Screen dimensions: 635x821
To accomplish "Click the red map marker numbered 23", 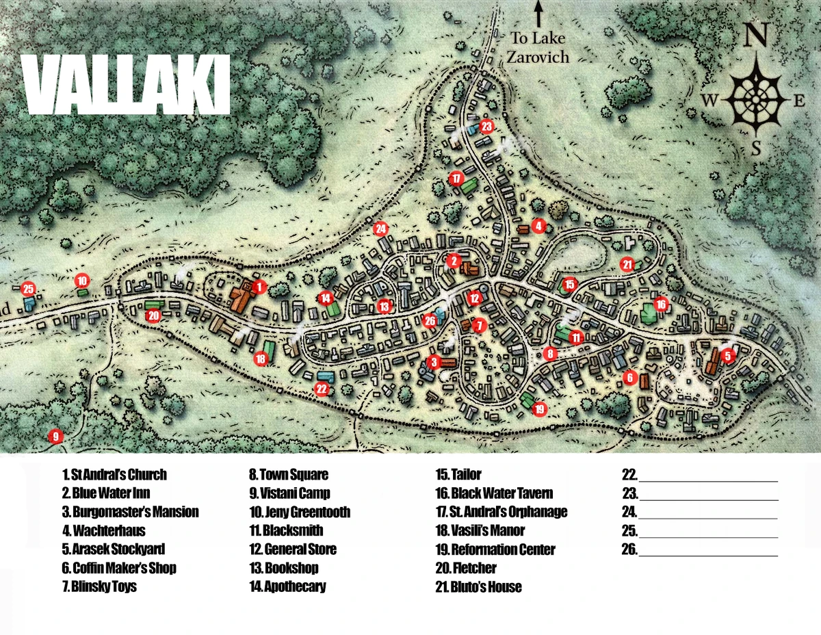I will coord(486,127).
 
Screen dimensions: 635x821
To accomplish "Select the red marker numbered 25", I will coord(28,289).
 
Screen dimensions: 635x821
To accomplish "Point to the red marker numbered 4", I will coord(538,226).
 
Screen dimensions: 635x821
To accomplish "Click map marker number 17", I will coord(456,179).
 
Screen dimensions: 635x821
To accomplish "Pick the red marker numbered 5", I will coord(727,355).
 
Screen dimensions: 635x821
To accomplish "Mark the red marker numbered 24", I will coord(381,229).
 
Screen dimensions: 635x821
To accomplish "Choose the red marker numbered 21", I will coord(627,264).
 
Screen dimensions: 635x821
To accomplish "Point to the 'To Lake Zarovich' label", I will coord(538,47).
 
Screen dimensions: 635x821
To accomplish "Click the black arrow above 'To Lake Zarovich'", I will coord(538,14).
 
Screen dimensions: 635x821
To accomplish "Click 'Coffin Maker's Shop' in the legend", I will coord(119,568).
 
